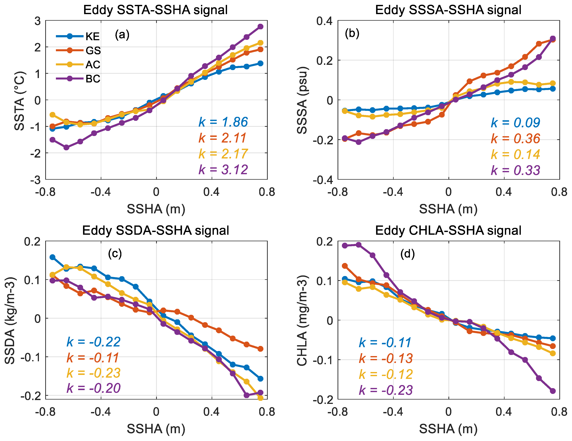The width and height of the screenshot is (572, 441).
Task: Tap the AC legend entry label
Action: (x=93, y=64)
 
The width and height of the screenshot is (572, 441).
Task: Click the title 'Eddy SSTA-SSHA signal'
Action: (x=155, y=10)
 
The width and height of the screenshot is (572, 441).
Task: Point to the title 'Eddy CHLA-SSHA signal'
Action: (x=448, y=231)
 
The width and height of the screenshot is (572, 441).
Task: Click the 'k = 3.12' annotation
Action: (x=223, y=169)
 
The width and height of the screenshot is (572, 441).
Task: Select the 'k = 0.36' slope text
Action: (x=515, y=138)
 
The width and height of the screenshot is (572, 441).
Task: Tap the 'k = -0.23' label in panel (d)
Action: (x=386, y=390)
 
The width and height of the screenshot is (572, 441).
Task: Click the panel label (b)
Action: (x=352, y=33)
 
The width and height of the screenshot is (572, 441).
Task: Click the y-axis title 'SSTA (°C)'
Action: (x=20, y=101)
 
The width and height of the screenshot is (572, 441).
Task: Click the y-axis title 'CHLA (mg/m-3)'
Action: (x=302, y=320)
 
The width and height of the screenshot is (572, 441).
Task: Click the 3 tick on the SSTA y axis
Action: (x=38, y=21)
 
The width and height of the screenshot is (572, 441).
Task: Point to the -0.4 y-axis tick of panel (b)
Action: (x=323, y=180)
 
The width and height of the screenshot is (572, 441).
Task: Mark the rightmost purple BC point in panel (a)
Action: (x=260, y=26)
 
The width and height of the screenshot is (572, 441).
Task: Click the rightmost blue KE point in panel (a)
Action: (x=260, y=63)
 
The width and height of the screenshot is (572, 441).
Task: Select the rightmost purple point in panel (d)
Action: (x=553, y=391)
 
